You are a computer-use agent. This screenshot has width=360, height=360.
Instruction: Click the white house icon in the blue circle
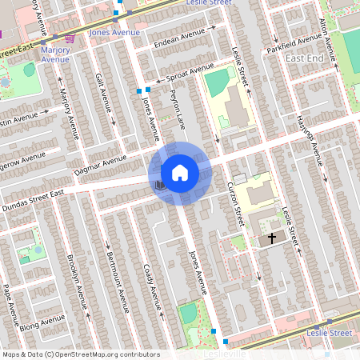pos(180,172)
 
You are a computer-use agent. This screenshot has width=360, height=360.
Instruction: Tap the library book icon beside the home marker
pos(160,185)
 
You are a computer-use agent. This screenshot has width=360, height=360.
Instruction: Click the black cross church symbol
pos(271,238)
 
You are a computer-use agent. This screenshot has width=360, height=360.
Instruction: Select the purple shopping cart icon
pos(70,38)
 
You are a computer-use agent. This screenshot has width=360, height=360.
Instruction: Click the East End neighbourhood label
pos(304,59)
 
